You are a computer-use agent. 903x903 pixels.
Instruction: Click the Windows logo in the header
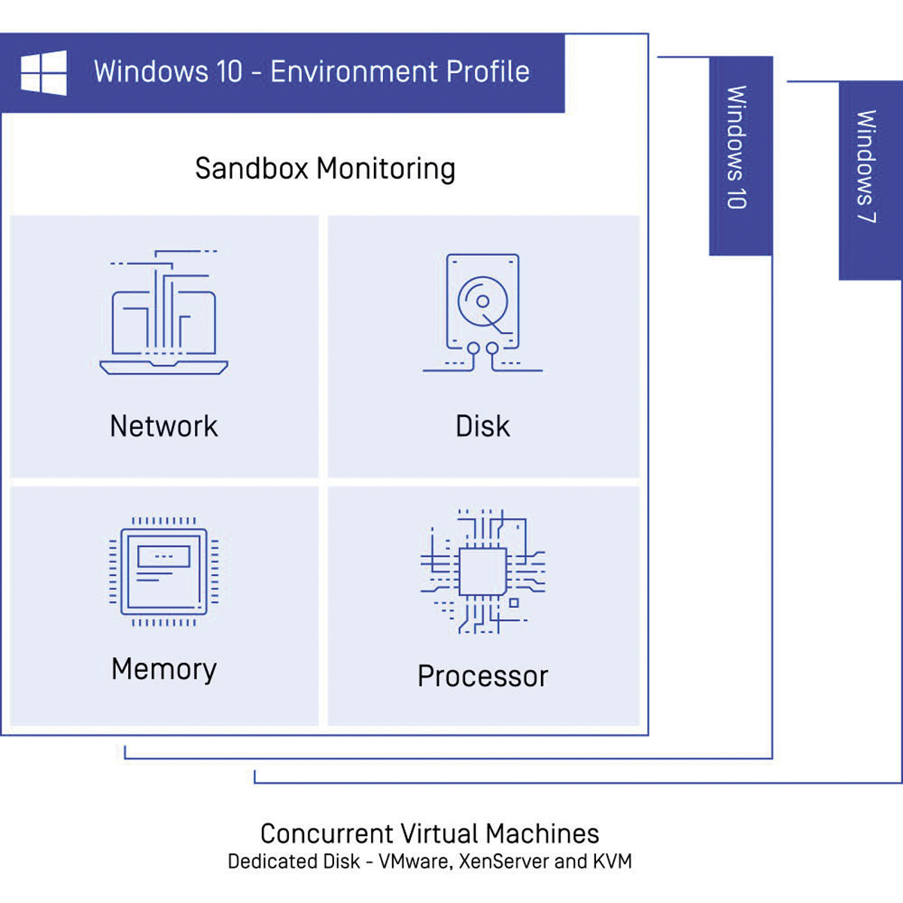(x=44, y=73)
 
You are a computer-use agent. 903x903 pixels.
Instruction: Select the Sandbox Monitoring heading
(x=325, y=169)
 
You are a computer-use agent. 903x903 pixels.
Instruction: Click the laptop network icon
(x=164, y=312)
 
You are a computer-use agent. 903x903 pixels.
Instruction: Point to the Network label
(x=164, y=427)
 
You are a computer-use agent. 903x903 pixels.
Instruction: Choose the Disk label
(x=482, y=427)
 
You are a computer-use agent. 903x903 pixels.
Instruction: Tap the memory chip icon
(x=164, y=571)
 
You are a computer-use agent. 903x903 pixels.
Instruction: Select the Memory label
(x=164, y=669)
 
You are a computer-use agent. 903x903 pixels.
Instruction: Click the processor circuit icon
(x=482, y=571)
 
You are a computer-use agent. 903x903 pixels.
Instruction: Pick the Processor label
(x=482, y=676)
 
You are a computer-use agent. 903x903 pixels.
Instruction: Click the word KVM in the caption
(x=612, y=862)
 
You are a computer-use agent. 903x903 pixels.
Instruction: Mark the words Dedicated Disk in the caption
(x=293, y=862)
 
